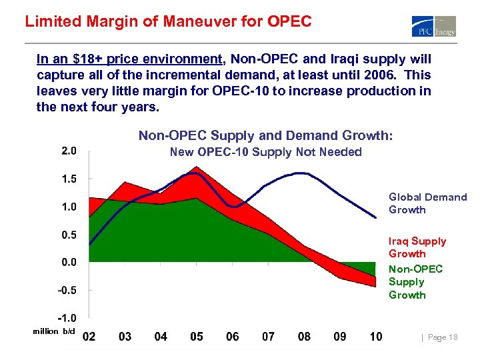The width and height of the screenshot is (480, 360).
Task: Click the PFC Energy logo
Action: (x=434, y=26)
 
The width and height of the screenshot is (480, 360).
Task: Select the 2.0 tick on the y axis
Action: (x=69, y=151)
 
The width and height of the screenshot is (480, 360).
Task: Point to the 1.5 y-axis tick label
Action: (x=69, y=179)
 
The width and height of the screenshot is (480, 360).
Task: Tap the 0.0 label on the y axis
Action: (x=69, y=262)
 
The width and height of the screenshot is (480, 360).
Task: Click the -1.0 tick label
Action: (x=67, y=318)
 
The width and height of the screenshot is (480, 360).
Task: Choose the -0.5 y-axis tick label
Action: (x=67, y=290)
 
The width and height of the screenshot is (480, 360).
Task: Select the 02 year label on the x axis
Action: (x=89, y=337)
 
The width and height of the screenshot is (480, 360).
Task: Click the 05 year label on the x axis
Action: (x=196, y=337)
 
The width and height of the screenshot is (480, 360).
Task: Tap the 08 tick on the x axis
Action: (x=304, y=337)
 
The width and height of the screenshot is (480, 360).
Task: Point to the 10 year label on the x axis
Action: (x=375, y=337)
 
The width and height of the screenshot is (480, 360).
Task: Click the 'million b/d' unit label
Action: (x=54, y=332)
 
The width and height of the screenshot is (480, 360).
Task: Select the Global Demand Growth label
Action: (x=427, y=203)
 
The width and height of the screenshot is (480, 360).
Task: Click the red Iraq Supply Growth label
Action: (x=417, y=247)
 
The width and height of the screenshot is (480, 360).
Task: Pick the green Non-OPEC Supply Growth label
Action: (x=415, y=282)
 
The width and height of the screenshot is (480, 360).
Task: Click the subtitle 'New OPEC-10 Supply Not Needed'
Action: (x=265, y=152)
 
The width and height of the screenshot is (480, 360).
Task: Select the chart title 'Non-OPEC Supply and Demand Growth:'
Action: (x=265, y=136)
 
